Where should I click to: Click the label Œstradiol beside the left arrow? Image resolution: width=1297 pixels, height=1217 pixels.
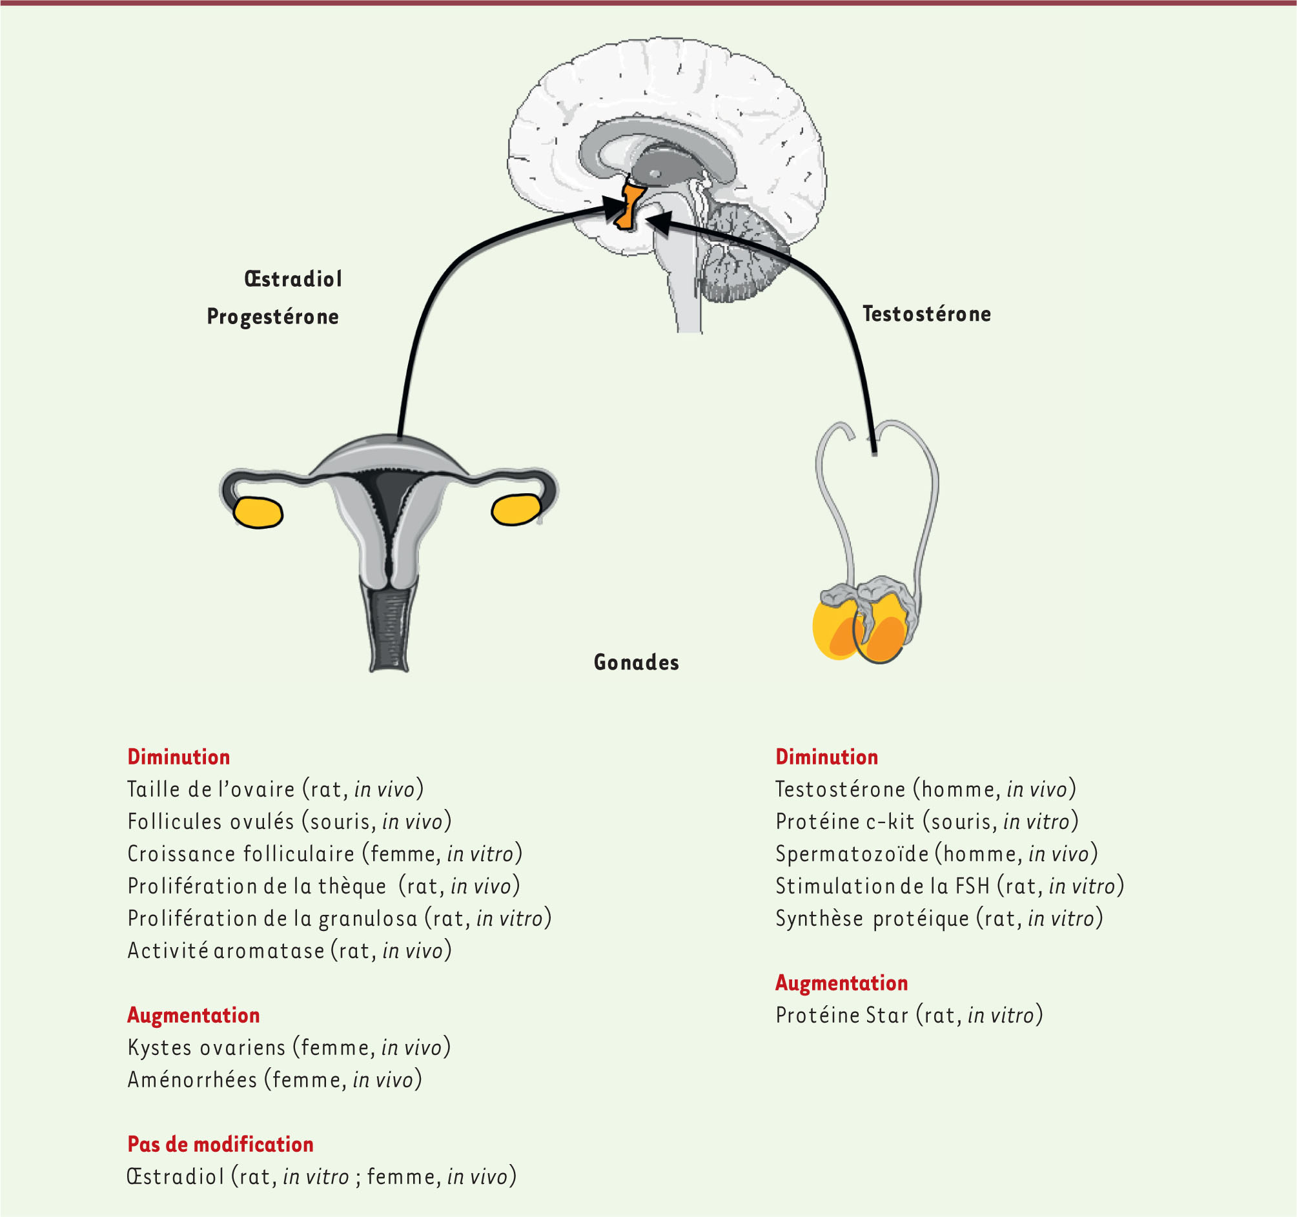(293, 280)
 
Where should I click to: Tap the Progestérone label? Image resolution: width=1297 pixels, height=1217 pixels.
(272, 317)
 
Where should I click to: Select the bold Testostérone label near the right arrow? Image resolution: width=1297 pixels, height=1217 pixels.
(926, 314)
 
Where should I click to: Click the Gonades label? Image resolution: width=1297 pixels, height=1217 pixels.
(636, 662)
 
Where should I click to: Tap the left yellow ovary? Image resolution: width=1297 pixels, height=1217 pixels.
(258, 512)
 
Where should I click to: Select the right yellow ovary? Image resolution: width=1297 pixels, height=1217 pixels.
(516, 509)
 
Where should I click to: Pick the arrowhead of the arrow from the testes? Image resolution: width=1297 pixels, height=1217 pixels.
(660, 223)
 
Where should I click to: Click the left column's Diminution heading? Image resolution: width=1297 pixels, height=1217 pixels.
(179, 757)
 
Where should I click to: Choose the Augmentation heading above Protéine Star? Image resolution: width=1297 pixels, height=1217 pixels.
(842, 983)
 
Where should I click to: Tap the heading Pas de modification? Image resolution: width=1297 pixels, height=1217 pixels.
(221, 1144)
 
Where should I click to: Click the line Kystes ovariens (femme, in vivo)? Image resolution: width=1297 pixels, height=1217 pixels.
(289, 1047)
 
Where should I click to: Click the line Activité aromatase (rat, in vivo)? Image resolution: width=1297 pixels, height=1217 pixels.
(290, 951)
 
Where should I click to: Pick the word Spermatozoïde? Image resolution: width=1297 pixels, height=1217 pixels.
(852, 854)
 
